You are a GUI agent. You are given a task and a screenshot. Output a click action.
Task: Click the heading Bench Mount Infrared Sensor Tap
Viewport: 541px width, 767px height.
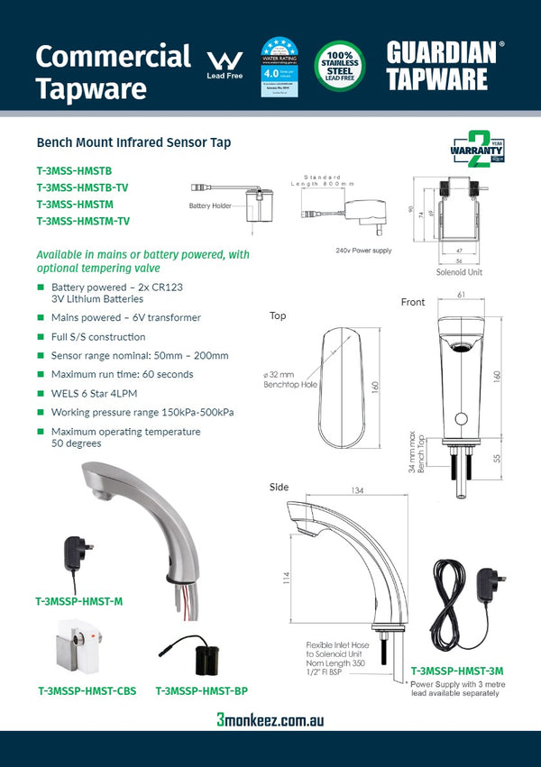[x=133, y=142]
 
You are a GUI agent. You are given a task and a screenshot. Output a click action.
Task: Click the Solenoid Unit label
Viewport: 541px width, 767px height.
[x=460, y=271]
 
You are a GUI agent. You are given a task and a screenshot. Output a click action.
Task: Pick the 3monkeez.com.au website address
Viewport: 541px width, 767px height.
[x=270, y=720]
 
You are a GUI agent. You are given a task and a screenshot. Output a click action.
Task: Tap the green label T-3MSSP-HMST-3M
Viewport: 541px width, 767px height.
[x=456, y=671]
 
